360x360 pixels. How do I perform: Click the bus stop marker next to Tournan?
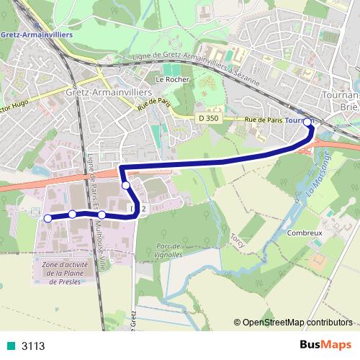click(308, 122)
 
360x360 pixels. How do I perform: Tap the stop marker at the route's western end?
click(48, 218)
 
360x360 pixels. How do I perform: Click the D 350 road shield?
click(207, 117)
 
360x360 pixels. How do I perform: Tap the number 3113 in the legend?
click(33, 346)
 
